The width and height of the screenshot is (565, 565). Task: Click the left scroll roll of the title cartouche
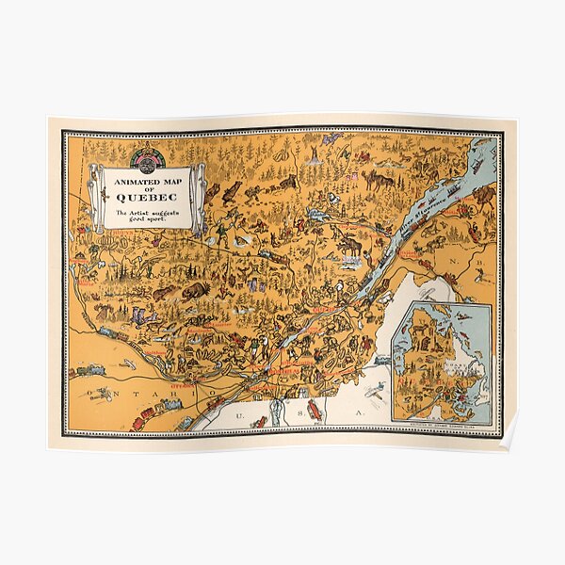tap(97, 198)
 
